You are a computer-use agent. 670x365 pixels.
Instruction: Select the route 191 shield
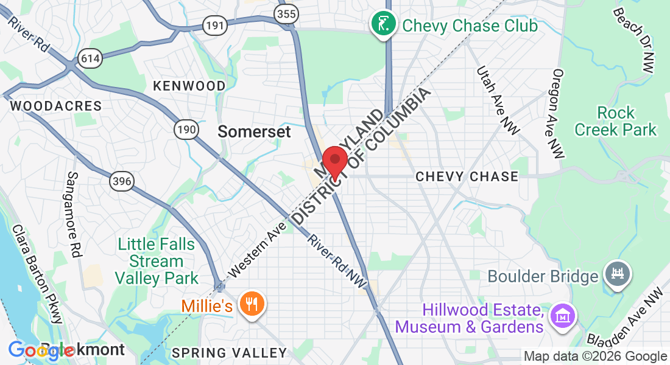point(215,26)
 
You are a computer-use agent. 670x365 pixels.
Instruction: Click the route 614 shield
point(90,58)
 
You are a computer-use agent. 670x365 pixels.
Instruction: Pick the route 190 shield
point(186,129)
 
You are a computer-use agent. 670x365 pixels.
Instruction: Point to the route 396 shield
point(122,181)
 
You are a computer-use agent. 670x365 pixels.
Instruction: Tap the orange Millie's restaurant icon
point(250,304)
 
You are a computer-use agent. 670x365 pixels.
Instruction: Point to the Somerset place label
point(255,131)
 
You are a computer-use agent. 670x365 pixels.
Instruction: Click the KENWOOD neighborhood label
point(189,86)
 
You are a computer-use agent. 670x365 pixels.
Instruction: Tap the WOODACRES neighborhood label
point(56,106)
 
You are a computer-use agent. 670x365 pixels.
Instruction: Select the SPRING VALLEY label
point(229,353)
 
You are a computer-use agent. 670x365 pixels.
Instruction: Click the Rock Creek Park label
point(616,121)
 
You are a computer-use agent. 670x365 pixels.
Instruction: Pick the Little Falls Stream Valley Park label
point(157,262)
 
